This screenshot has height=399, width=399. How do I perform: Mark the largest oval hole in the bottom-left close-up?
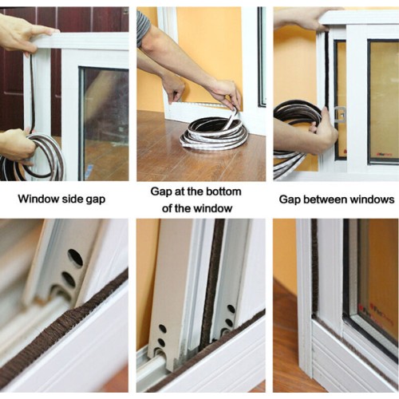point(75,258)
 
